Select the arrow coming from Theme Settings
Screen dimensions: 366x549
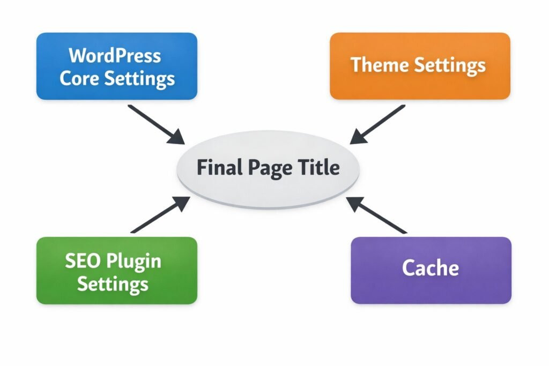[x=377, y=124]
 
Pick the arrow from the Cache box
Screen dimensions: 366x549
[x=377, y=215]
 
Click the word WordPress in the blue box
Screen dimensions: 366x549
[x=115, y=55]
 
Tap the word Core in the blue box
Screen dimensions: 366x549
[x=79, y=78]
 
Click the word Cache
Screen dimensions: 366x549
[x=431, y=267]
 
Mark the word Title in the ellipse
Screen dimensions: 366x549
[x=318, y=168]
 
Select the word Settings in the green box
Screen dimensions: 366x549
[x=113, y=284]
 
